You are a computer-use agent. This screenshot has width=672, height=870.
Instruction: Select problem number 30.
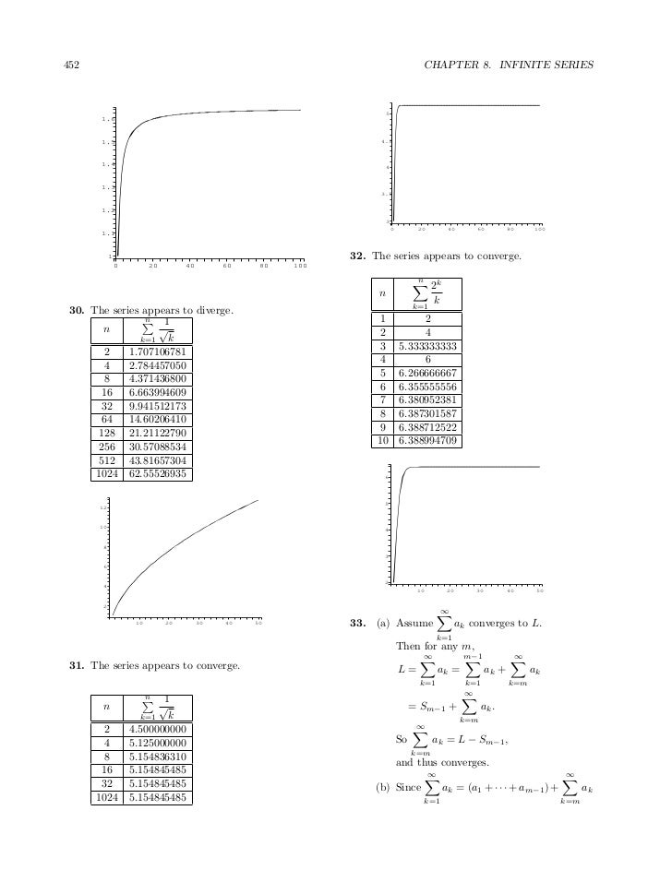click(77, 311)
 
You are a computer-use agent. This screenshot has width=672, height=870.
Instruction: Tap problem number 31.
click(77, 665)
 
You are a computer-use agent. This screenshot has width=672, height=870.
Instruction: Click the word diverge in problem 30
click(213, 311)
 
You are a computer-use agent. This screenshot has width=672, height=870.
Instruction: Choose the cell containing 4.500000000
click(156, 729)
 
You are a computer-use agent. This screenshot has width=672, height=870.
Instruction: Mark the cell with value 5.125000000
click(156, 743)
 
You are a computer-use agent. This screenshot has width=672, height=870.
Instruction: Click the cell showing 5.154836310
click(156, 757)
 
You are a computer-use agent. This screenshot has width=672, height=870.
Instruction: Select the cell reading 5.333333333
click(428, 347)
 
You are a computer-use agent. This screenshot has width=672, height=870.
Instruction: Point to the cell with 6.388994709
click(428, 442)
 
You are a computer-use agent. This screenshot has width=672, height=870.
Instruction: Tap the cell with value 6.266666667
click(428, 374)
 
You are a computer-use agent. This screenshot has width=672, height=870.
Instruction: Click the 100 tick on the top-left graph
click(299, 268)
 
